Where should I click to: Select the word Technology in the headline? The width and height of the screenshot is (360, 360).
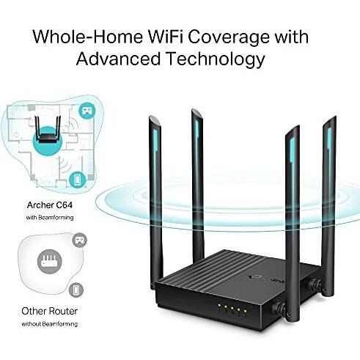(x=216, y=59)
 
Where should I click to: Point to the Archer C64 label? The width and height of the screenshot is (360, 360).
(x=50, y=205)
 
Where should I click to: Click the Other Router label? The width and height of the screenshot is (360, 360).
(x=50, y=311)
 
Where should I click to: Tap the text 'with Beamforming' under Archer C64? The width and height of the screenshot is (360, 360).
(x=50, y=217)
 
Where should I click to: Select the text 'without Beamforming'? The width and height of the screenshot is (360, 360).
(x=50, y=324)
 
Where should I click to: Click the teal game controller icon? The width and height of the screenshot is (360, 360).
(x=87, y=111)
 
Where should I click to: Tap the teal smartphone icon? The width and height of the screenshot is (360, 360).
(x=77, y=180)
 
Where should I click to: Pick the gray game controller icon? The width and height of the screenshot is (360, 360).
(x=79, y=240)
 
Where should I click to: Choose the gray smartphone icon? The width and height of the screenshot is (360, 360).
(x=76, y=290)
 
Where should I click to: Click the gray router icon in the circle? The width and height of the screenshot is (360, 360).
(x=50, y=262)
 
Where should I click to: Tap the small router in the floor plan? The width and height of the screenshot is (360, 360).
(x=48, y=130)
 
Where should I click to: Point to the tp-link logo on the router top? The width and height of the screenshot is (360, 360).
(x=266, y=279)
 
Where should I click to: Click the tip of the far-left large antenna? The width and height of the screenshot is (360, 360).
(x=154, y=117)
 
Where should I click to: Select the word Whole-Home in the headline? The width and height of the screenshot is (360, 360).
(x=88, y=37)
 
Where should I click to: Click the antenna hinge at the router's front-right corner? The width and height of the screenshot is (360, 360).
(x=280, y=309)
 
